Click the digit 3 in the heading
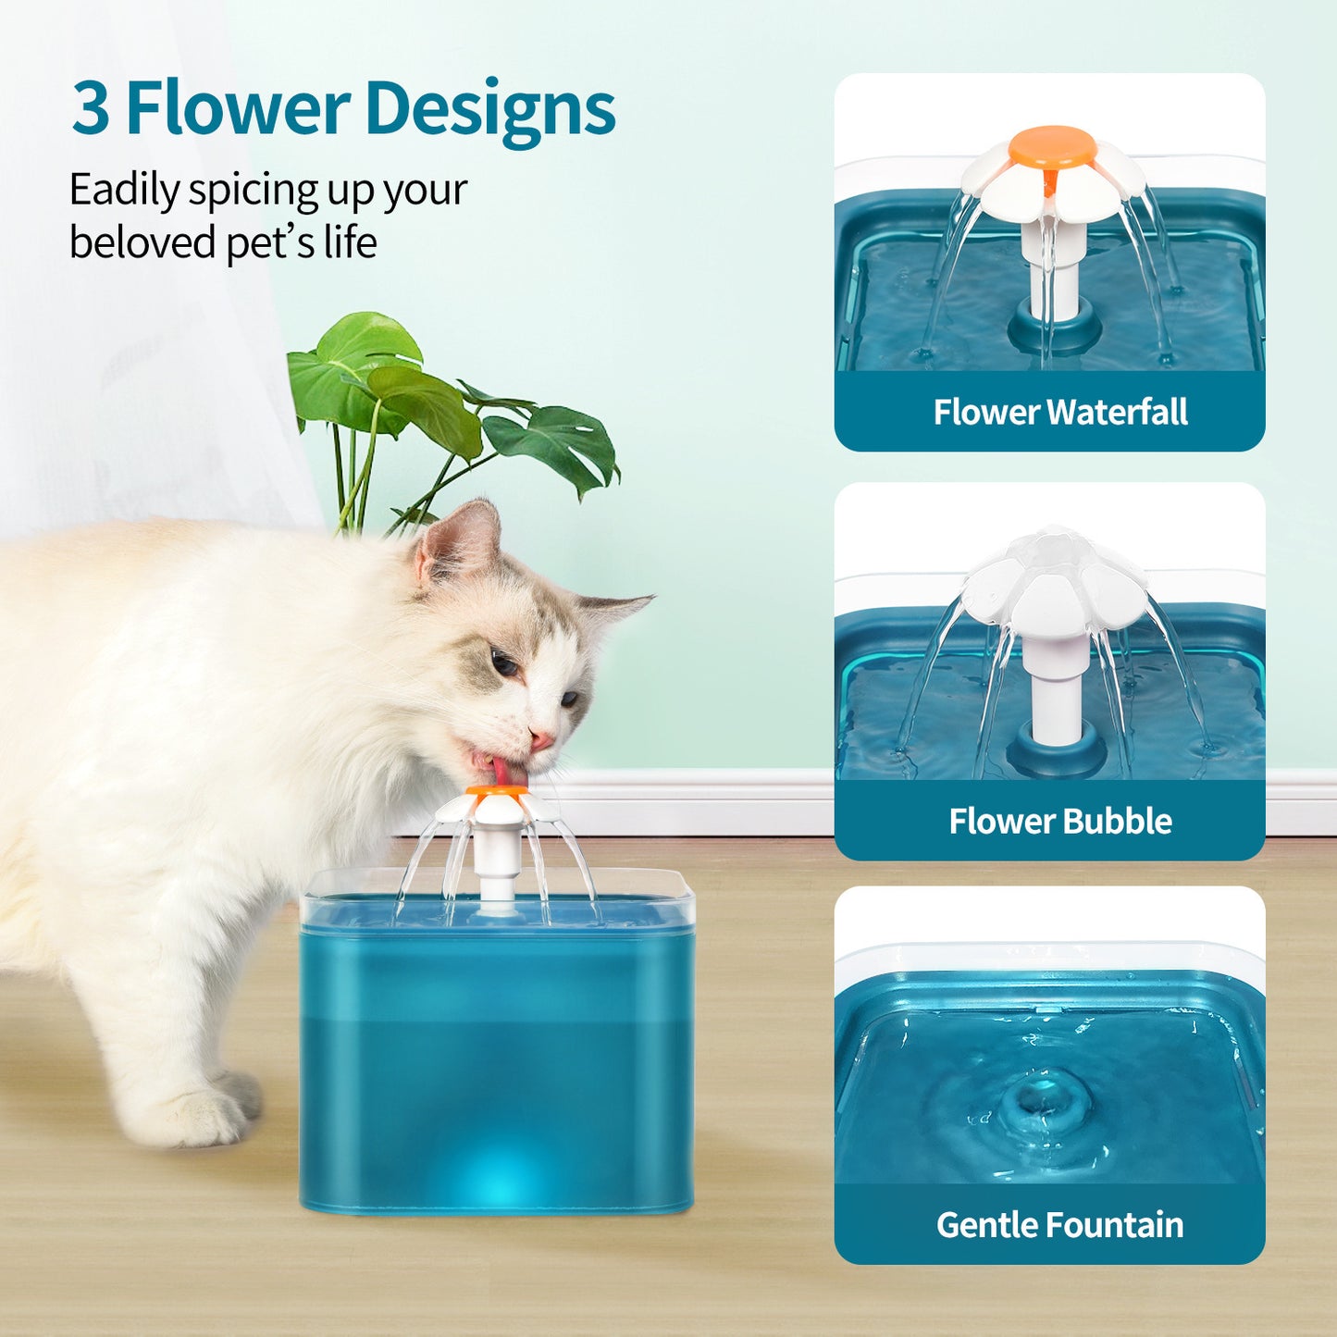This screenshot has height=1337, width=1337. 91,108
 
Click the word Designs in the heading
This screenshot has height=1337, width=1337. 489,110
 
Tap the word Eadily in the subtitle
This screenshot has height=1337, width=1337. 124,192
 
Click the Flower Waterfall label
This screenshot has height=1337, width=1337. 1060,412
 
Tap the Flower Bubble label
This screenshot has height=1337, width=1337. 1060,821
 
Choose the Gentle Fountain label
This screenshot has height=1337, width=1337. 1059,1225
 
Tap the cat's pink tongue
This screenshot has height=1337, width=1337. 501,770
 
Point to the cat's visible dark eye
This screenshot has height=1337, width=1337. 503,662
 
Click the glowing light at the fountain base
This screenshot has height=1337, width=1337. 500,1180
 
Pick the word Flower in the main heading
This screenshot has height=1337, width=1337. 238,108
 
